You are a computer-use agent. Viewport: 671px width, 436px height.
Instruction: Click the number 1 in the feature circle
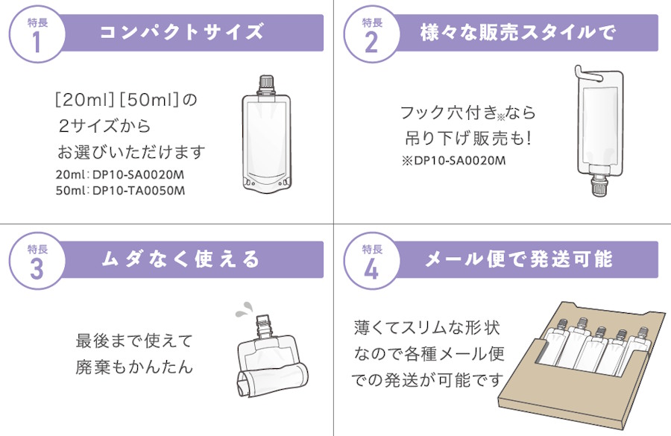pyautogui.click(x=37, y=42)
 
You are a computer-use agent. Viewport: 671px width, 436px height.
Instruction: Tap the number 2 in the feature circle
pyautogui.click(x=371, y=42)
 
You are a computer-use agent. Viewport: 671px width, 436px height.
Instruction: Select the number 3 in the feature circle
pyautogui.click(x=37, y=269)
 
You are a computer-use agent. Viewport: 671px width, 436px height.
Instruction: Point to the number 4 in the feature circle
pyautogui.click(x=371, y=269)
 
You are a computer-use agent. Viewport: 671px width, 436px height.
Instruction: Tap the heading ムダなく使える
pyautogui.click(x=180, y=259)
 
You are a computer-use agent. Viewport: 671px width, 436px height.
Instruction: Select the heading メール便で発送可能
pyautogui.click(x=519, y=259)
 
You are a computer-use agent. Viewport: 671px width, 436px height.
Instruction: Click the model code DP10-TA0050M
pyautogui.click(x=139, y=190)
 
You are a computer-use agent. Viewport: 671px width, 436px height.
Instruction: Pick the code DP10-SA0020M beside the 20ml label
pyautogui.click(x=138, y=174)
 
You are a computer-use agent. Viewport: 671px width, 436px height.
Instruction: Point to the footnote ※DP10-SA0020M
pyautogui.click(x=453, y=160)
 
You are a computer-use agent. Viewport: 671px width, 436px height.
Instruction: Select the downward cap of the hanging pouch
pyautogui.click(x=598, y=185)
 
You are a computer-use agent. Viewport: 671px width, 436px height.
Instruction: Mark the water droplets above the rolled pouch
pyautogui.click(x=244, y=309)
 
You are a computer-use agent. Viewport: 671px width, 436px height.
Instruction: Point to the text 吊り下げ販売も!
pyautogui.click(x=468, y=138)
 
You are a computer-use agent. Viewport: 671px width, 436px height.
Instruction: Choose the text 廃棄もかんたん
pyautogui.click(x=134, y=367)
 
